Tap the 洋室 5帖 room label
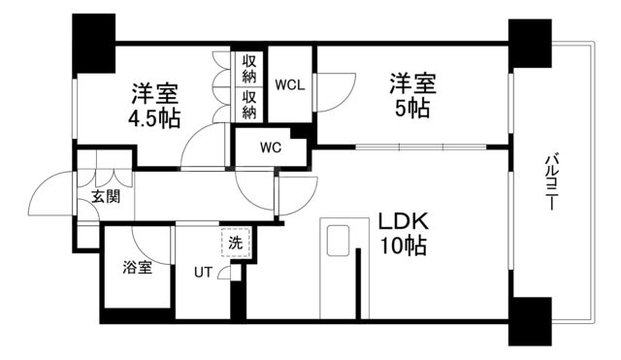[x=413, y=94]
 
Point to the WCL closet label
[x=290, y=84]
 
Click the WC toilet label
[x=270, y=148]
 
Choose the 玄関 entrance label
[x=106, y=196]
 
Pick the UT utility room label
[x=203, y=272]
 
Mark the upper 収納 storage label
[x=249, y=69]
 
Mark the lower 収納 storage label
[x=249, y=105]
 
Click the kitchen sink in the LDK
[x=341, y=241]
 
